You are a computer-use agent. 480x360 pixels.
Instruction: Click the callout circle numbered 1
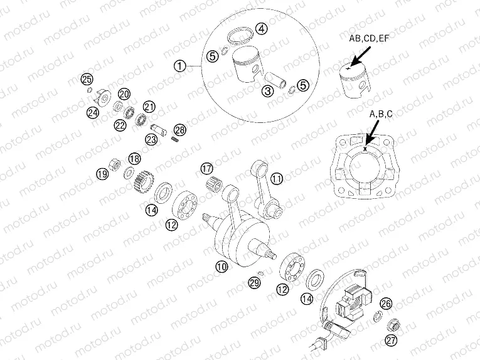pyautogui.click(x=180, y=65)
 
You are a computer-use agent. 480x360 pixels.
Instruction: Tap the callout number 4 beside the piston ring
pyautogui.click(x=261, y=28)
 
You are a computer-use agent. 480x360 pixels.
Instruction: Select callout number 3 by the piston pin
pyautogui.click(x=268, y=92)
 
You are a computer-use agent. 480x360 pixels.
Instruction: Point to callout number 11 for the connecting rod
pyautogui.click(x=277, y=179)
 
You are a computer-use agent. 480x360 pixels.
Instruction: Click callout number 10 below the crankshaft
pyautogui.click(x=221, y=266)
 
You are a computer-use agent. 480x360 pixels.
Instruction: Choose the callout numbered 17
pyautogui.click(x=206, y=168)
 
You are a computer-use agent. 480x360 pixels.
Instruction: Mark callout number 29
pyautogui.click(x=253, y=283)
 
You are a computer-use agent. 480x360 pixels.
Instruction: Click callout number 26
pyautogui.click(x=387, y=304)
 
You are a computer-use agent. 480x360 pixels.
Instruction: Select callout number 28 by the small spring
pyautogui.click(x=180, y=130)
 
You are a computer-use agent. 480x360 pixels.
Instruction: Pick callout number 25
pyautogui.click(x=87, y=79)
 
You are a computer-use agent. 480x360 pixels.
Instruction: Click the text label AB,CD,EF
pyautogui.click(x=369, y=38)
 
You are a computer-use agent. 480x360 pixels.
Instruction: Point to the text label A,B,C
pyautogui.click(x=381, y=114)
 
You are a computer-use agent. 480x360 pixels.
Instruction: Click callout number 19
pyautogui.click(x=101, y=173)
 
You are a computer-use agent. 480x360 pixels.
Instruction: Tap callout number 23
pyautogui.click(x=151, y=139)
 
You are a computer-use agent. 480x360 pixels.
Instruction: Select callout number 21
pyautogui.click(x=149, y=106)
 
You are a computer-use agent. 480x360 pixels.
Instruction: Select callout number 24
pyautogui.click(x=93, y=112)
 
